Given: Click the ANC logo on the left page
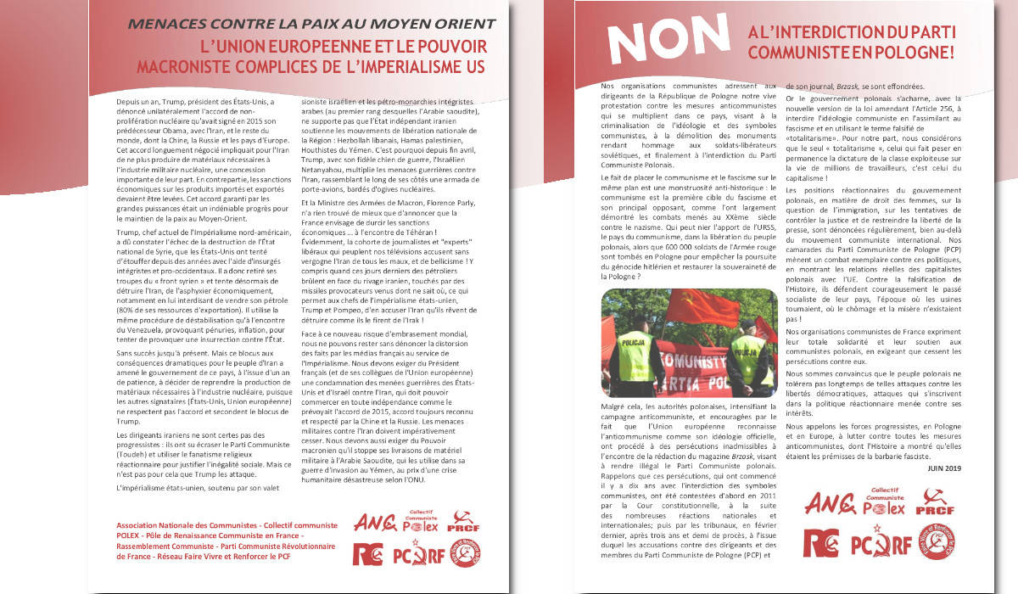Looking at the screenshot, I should click(x=374, y=523).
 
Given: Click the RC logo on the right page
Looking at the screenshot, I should click(x=821, y=542).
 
